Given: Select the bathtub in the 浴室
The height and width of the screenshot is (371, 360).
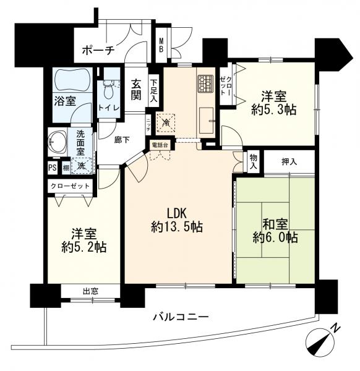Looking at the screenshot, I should [72, 80].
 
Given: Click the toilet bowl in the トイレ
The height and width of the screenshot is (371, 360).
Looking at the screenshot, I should [111, 93].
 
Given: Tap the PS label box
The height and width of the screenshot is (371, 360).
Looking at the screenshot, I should [53, 167].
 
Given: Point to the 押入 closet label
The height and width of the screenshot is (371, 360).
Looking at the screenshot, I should [289, 162].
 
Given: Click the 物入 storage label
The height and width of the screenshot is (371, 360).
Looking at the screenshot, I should [254, 162].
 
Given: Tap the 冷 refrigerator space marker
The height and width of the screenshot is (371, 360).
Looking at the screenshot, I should [166, 122].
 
